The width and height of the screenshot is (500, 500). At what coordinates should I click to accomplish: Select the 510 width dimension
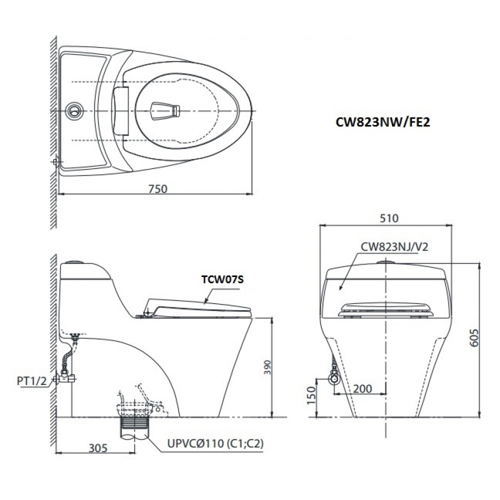coord(388,218)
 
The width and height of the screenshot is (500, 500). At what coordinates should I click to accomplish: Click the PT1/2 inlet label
coord(31,381)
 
